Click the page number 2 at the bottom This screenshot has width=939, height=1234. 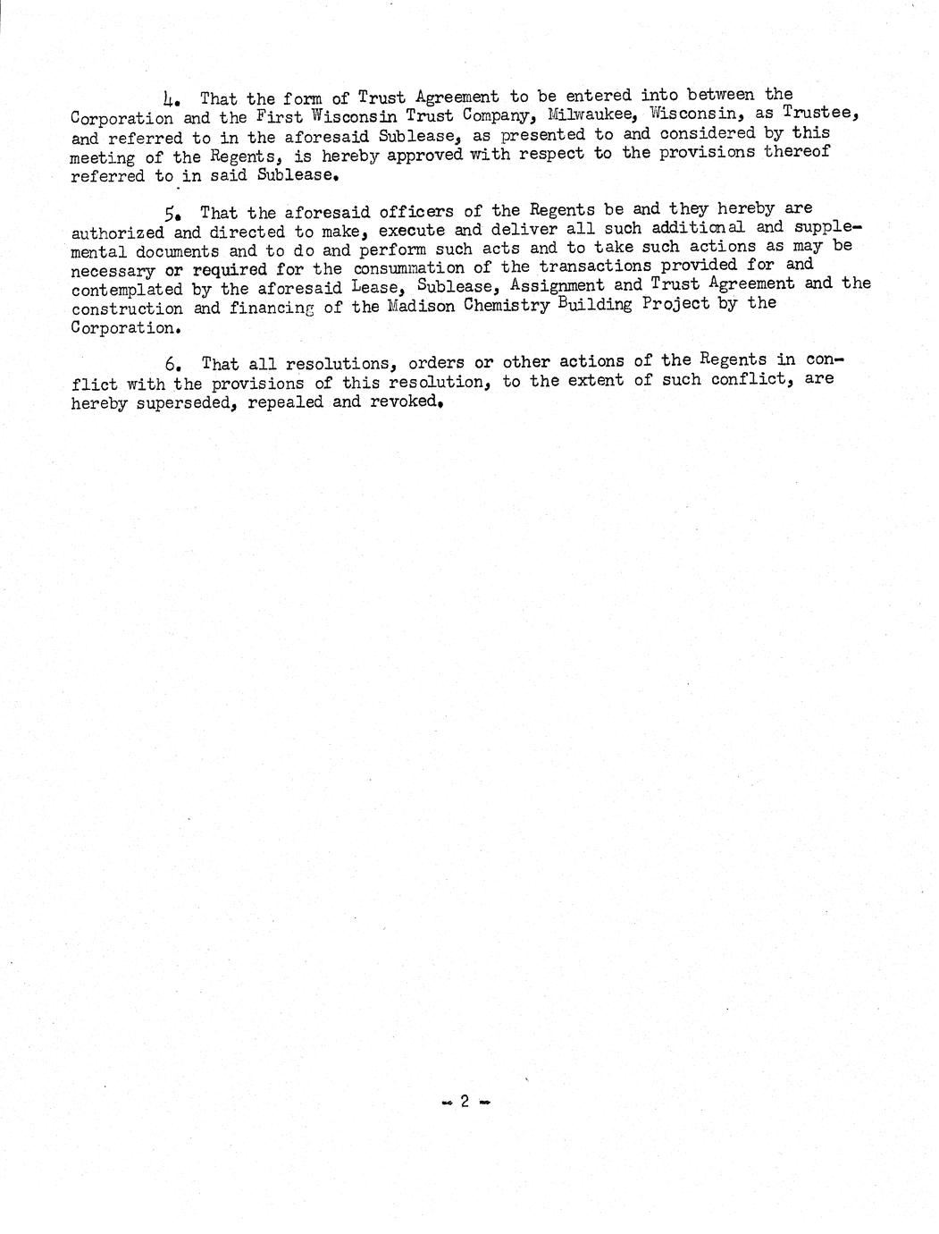(465, 1102)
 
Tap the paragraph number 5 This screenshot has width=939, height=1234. (169, 214)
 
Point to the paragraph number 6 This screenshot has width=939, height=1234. (172, 365)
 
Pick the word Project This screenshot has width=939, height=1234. (684, 305)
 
